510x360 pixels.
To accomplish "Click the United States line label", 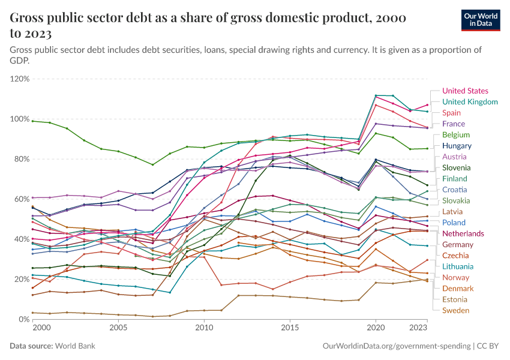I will click(x=466, y=91).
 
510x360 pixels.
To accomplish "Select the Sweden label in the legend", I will click(x=455, y=310).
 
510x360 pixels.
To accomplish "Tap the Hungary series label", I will click(x=457, y=146).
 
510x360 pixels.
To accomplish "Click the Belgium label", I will click(x=456, y=135).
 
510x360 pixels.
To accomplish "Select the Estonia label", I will click(x=455, y=299).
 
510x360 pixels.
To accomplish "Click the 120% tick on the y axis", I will click(x=20, y=79).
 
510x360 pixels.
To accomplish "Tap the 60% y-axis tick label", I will click(x=22, y=199).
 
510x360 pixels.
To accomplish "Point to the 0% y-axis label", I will click(x=24, y=319).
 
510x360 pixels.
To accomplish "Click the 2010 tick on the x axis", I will click(x=204, y=329).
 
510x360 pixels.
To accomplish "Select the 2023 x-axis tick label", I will click(x=418, y=329).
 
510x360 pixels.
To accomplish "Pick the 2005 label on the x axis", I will click(x=118, y=329).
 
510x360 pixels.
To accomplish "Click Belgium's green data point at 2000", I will click(x=32, y=121).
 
